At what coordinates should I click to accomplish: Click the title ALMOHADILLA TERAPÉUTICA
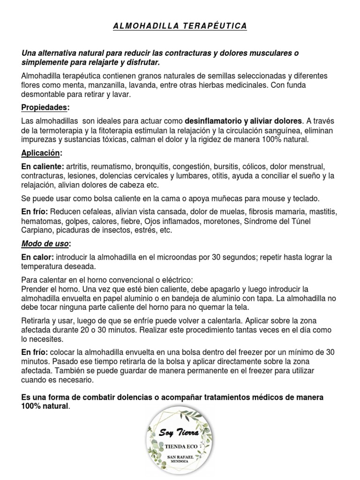click(x=180, y=26)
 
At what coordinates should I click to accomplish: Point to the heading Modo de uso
click(x=45, y=244)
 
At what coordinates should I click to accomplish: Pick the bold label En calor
click(x=37, y=257)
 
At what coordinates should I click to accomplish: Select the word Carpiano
click(x=38, y=230)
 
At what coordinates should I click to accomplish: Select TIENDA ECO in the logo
click(x=180, y=446)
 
